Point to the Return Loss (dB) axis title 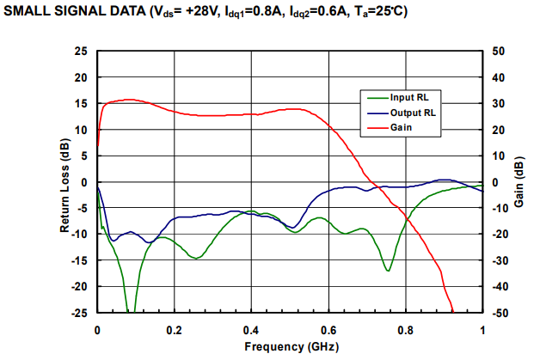tap(64, 181)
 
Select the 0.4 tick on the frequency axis tap(251, 329)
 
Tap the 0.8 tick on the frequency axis tap(405, 329)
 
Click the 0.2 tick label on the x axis tap(175, 329)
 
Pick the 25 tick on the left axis tap(82, 52)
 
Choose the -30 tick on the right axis tap(498, 260)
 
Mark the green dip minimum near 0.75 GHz tap(388, 271)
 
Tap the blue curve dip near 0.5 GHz tap(293, 228)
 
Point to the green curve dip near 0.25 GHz tap(197, 258)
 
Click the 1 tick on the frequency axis tap(482, 329)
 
